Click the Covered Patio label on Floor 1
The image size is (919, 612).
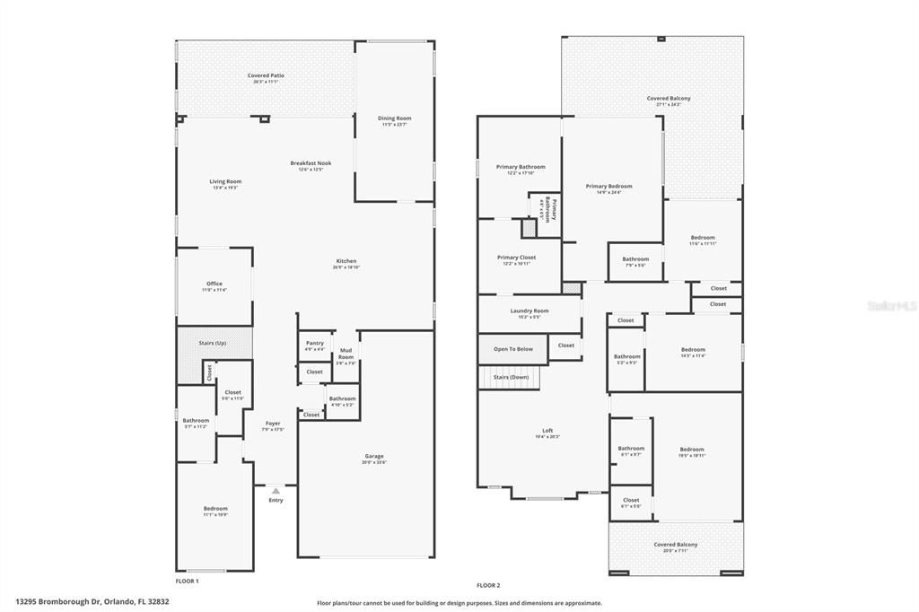click(263, 75)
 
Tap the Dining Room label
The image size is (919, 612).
click(394, 118)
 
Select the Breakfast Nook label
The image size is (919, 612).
click(311, 163)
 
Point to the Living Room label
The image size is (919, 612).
click(225, 181)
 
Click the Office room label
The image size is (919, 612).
click(214, 284)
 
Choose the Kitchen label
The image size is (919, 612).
click(345, 262)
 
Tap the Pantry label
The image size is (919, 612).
click(314, 343)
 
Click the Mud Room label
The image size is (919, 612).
click(346, 354)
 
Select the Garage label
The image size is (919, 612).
click(373, 456)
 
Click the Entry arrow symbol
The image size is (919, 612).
click(276, 491)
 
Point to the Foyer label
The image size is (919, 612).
click(273, 424)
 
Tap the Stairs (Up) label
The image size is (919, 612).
click(212, 343)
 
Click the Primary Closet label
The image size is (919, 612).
click(516, 258)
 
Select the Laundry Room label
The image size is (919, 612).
click(529, 310)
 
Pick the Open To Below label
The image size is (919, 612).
click(512, 349)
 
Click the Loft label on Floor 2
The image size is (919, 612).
click(547, 432)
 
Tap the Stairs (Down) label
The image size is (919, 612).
click(511, 378)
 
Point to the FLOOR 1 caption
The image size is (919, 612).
click(187, 581)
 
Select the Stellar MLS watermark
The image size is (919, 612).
click(891, 306)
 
